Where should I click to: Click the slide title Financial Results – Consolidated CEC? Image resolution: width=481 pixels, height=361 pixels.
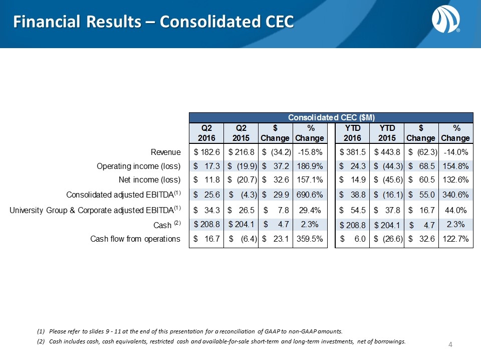[153, 22]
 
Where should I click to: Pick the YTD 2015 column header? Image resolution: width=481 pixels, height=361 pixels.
[386, 133]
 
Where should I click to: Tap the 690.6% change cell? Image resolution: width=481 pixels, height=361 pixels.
[309, 195]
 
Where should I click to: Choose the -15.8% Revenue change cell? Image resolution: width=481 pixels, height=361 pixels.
[309, 152]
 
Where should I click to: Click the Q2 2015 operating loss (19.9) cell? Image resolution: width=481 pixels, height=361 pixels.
[242, 165]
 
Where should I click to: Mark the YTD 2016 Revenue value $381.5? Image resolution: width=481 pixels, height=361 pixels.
[353, 152]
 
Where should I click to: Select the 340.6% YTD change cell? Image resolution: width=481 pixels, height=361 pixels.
[455, 195]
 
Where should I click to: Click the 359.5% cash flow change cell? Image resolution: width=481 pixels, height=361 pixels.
[309, 239]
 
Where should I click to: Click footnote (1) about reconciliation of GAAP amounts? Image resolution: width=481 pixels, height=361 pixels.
[190, 331]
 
